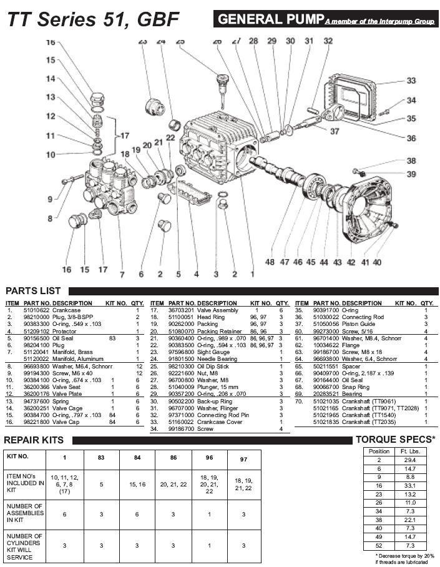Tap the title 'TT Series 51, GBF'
(x=92, y=21)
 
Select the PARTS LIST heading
(x=33, y=290)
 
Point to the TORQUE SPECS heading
(x=395, y=440)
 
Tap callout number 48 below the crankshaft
(x=270, y=262)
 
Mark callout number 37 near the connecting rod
(x=335, y=131)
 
